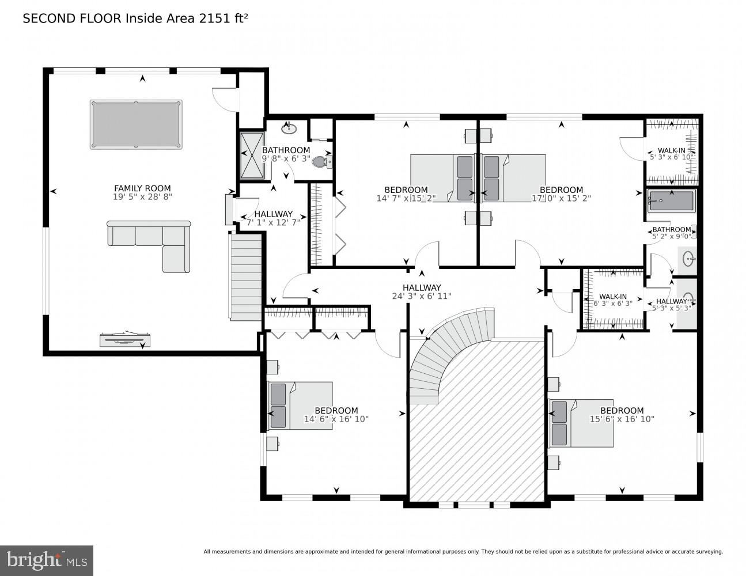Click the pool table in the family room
click(x=136, y=124)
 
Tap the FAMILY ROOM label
click(x=142, y=188)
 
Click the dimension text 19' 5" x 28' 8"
click(x=142, y=196)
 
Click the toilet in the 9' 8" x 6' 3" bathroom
click(x=320, y=162)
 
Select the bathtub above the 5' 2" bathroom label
click(x=671, y=202)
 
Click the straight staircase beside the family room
click(x=247, y=276)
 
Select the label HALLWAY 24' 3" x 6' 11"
click(x=422, y=292)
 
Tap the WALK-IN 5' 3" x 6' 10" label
click(x=672, y=153)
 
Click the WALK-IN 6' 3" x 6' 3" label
click(x=613, y=300)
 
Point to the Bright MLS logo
click(x=46, y=560)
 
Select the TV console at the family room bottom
click(x=126, y=340)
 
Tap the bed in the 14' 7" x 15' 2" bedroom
click(x=442, y=178)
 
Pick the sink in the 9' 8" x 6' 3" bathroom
click(x=289, y=128)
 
